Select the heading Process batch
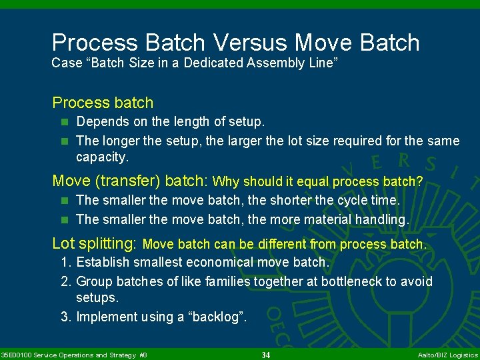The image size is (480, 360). pos(103,103)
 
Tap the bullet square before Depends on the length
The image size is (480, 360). pos(65,123)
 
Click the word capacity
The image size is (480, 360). pos(101,157)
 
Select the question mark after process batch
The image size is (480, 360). pos(419,181)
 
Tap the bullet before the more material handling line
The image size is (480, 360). pos(65,219)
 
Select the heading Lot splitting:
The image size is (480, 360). pos(95,243)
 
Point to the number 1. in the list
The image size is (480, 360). pos(66,263)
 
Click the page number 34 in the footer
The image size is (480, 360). pos(266,355)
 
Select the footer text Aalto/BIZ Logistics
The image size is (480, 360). pos(447,355)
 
